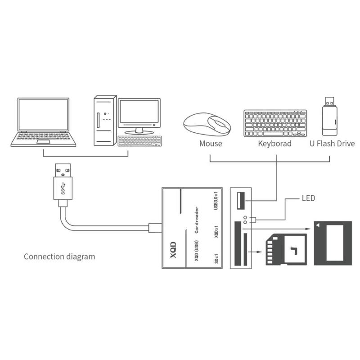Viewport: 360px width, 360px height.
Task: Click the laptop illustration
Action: (43, 122)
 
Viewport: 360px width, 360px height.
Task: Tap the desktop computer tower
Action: (105, 121)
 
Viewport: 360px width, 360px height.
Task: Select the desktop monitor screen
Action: (139, 112)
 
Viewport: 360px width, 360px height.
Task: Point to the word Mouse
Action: (211, 144)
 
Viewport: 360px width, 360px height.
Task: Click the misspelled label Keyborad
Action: (274, 144)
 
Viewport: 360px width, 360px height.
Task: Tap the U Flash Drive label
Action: (332, 144)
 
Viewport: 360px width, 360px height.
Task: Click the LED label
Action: (308, 198)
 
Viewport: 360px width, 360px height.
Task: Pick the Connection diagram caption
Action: (59, 256)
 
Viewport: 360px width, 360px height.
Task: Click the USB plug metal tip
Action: (63, 170)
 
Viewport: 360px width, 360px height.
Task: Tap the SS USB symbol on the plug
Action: (63, 188)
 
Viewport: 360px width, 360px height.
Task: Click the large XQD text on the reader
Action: (173, 250)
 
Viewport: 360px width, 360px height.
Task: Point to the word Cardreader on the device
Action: (197, 220)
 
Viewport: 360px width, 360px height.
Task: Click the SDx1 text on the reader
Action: (216, 258)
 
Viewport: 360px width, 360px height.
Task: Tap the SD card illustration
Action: (286, 249)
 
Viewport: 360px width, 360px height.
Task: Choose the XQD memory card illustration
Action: (333, 243)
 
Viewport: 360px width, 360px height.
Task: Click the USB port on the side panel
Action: (241, 201)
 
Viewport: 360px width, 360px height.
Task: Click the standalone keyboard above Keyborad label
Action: (275, 123)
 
